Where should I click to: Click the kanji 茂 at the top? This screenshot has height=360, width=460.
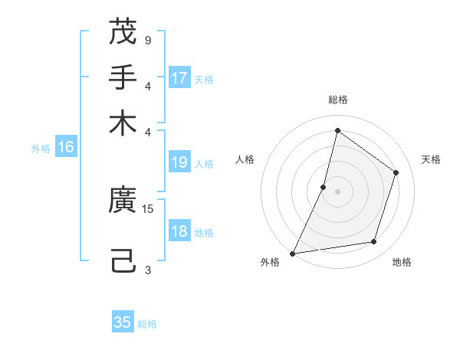(x=123, y=32)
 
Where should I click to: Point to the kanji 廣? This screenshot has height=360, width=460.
(x=123, y=201)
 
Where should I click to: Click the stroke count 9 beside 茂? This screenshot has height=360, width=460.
(x=147, y=39)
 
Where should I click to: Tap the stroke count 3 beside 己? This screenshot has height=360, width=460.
(x=147, y=269)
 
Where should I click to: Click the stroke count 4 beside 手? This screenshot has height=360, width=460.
(x=147, y=85)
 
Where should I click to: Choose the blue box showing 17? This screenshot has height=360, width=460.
(x=179, y=77)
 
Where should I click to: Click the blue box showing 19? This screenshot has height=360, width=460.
(x=179, y=162)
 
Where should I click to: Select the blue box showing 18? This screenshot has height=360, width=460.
(x=179, y=232)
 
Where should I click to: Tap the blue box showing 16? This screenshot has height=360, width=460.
(x=66, y=147)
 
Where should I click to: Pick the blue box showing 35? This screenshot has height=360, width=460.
(x=123, y=322)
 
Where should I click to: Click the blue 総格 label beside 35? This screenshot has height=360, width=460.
(x=148, y=324)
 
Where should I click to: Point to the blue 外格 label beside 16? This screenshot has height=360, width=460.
(x=41, y=149)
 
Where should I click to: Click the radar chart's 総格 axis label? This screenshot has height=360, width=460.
(x=337, y=100)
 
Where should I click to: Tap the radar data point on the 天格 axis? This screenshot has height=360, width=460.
(x=396, y=172)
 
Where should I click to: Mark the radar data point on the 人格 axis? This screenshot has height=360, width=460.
(x=324, y=187)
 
